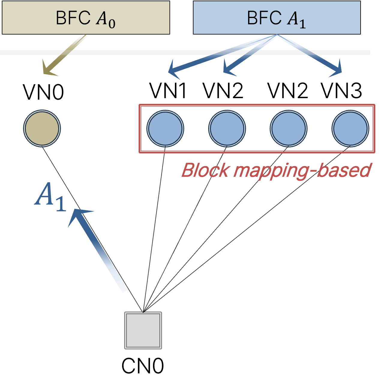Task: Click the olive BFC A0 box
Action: (x=86, y=17)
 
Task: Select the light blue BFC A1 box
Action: (x=277, y=17)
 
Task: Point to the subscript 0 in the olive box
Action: (x=112, y=23)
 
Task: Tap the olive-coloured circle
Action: (x=42, y=128)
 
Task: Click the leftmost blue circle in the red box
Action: (x=165, y=128)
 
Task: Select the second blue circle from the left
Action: (x=227, y=128)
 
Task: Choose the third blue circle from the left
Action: (x=289, y=128)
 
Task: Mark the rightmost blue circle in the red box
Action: (x=350, y=128)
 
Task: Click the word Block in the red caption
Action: (x=205, y=170)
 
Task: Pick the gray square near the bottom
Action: (x=143, y=330)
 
